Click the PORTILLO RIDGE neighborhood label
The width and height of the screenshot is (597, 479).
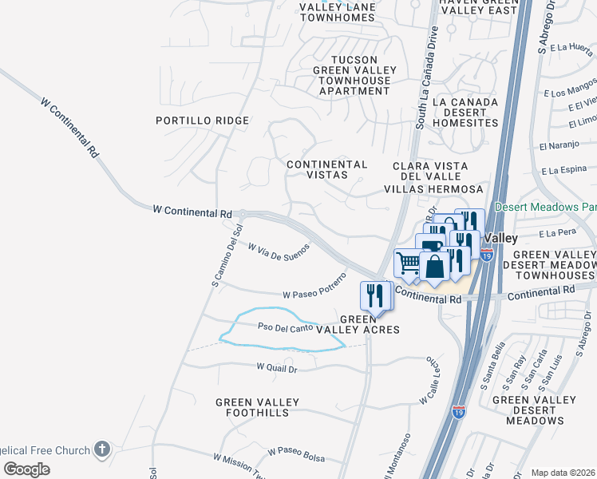[x=202, y=121]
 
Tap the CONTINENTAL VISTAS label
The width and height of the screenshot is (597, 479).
[x=327, y=169]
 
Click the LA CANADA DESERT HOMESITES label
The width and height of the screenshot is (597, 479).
[x=465, y=113]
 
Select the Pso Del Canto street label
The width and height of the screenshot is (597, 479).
[x=284, y=327]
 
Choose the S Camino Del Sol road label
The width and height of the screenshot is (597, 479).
[x=226, y=256]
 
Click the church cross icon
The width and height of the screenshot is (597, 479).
[x=101, y=449]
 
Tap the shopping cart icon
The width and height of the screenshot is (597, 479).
[x=408, y=262]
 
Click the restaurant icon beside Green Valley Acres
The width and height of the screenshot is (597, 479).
[x=374, y=295]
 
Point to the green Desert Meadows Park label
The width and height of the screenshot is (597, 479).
[x=544, y=206]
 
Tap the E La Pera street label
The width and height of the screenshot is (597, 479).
[x=557, y=233]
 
